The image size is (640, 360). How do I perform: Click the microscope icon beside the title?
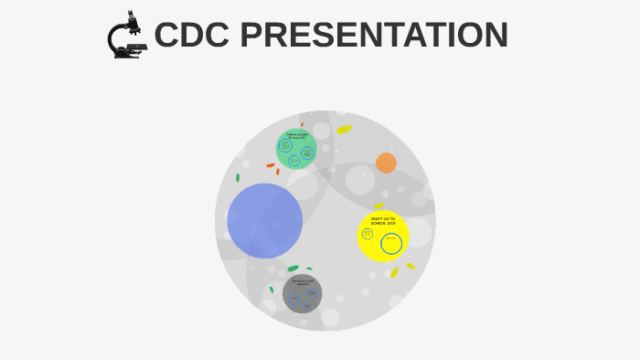tap(126, 36)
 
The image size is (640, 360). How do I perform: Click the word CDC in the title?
tap(193, 36)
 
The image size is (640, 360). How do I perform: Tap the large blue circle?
tap(265, 220)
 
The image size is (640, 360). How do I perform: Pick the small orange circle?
tap(386, 163)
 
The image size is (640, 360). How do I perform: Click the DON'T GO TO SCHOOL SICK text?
tap(382, 222)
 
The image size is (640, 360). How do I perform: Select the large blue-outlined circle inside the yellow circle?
tap(391, 244)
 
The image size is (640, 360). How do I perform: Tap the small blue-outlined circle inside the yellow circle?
tap(368, 234)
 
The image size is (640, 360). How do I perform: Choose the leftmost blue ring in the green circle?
tap(285, 146)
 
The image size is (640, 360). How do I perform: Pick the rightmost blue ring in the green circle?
tap(307, 153)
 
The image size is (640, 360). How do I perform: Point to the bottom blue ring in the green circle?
tap(294, 160)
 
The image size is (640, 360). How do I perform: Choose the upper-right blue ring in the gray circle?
tap(313, 294)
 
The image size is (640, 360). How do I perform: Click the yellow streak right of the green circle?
tap(344, 130)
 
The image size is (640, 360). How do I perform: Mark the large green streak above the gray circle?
tap(293, 269)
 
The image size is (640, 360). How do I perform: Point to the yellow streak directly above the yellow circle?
tap(379, 206)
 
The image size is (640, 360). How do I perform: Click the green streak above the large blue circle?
tap(238, 177)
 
